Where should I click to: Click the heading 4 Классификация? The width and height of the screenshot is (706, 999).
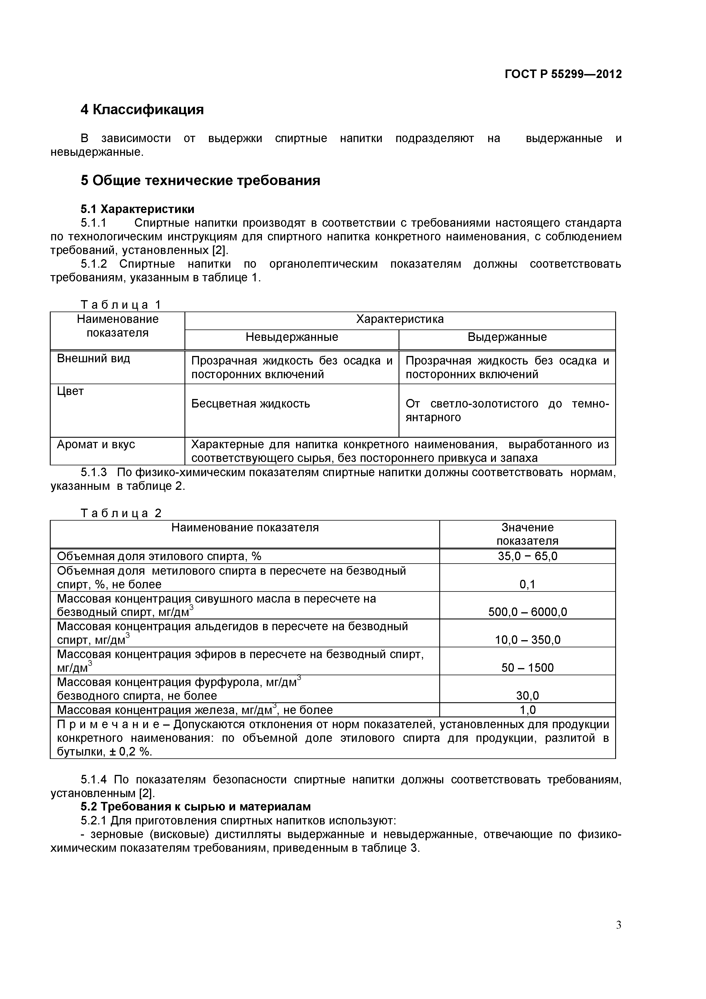coord(142,109)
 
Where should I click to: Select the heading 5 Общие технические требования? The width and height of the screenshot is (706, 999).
coord(200,180)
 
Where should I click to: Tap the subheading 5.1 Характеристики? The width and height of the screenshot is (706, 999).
coord(137,209)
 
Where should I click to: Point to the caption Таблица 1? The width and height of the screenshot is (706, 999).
coord(121,305)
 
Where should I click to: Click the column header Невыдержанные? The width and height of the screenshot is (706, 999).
coord(292,337)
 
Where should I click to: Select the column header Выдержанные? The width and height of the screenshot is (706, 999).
coord(507,337)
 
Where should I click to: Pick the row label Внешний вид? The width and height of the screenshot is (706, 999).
coord(94,359)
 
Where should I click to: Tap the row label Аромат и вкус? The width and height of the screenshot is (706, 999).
coord(96,444)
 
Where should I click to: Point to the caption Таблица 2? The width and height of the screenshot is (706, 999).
coord(121,513)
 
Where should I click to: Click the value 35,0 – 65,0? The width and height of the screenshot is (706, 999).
coord(527,556)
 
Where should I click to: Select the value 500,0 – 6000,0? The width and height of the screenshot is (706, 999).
coord(527,612)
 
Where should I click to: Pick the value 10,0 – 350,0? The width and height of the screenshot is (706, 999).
coord(527,640)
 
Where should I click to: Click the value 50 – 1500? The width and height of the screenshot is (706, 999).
coord(527,668)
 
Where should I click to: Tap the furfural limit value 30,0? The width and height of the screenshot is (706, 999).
coord(527,696)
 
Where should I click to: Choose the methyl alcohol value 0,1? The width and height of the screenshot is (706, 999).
coord(527,584)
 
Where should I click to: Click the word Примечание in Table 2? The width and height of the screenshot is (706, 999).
coord(108,724)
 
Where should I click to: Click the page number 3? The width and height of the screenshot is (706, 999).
coord(618,937)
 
